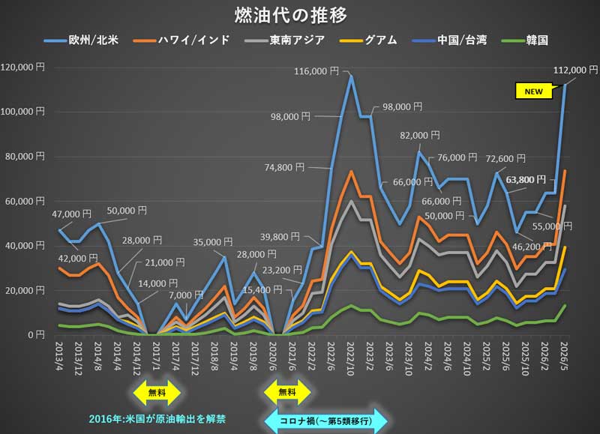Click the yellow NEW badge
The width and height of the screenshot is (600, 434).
pyautogui.click(x=532, y=91)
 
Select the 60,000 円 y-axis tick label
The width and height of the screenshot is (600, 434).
pyautogui.click(x=25, y=201)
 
